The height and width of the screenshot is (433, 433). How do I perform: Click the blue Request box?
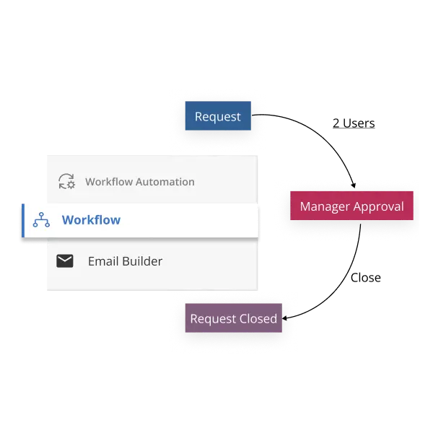point(218,116)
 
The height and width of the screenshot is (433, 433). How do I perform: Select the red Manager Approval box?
point(351,206)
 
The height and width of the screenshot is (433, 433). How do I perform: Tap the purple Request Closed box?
point(233,318)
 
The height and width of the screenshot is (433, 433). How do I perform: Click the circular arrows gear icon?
point(66,182)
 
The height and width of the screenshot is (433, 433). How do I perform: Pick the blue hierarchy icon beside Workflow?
point(41,220)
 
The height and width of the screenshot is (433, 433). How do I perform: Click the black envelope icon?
point(65,261)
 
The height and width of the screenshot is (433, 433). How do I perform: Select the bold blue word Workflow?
point(91,220)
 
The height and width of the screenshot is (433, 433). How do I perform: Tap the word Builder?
point(143,261)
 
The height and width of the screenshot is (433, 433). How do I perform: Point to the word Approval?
point(379,207)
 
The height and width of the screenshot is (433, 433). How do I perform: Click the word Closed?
point(258,318)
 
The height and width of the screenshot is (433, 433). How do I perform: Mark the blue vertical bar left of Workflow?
point(24,220)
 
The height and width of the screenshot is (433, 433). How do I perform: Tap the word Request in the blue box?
point(218,116)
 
